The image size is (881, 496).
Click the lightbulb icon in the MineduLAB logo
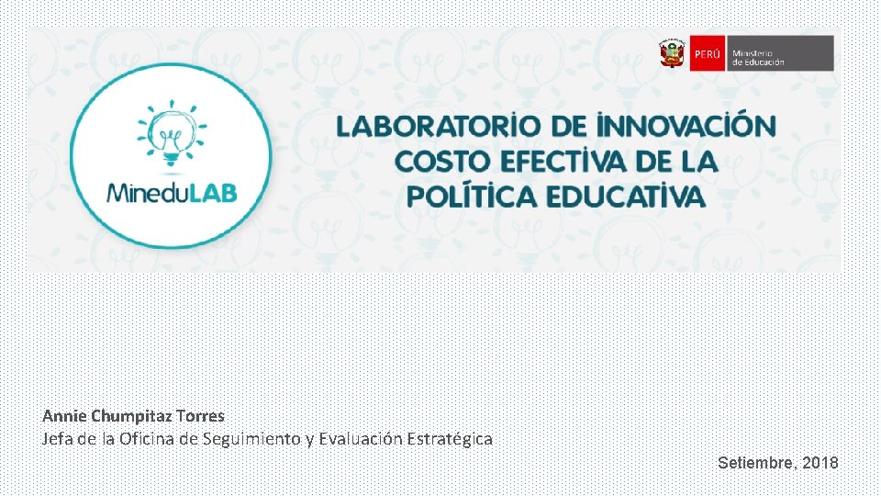(170, 135)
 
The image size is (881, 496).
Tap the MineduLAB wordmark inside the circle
(172, 193)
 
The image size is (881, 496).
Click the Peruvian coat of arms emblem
(672, 53)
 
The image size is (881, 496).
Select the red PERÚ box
(707, 53)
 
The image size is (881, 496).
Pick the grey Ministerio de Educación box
(780, 53)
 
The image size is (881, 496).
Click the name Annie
(64, 416)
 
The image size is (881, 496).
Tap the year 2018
(820, 463)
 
